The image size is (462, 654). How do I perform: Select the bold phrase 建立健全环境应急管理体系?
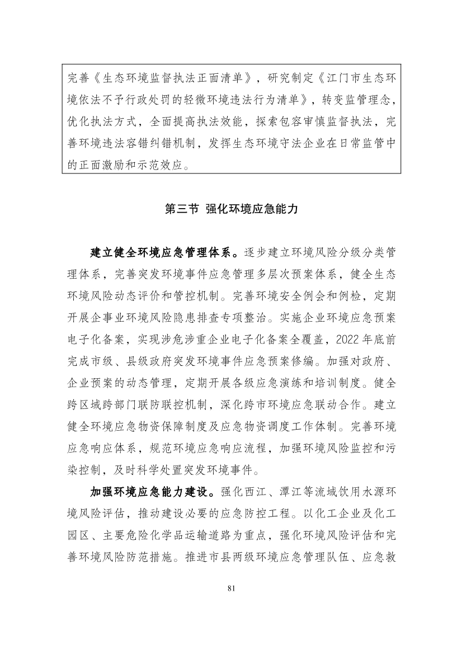coord(161,252)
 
